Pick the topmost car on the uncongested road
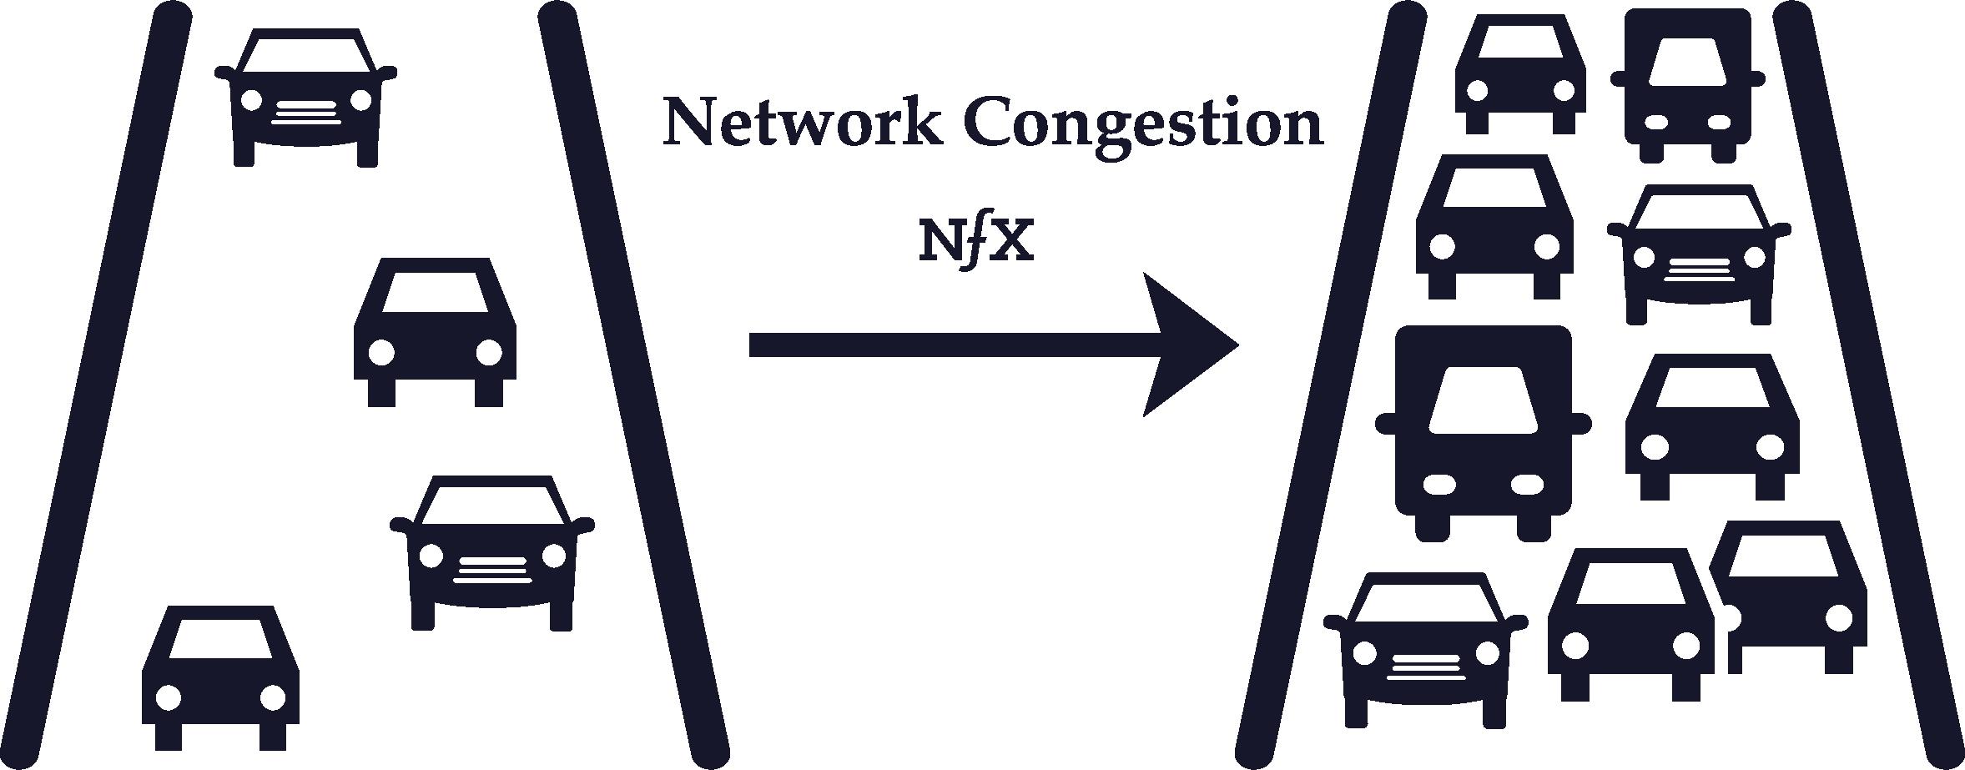pyautogui.click(x=305, y=98)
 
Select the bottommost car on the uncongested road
pyautogui.click(x=220, y=677)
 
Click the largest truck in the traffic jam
pyautogui.click(x=1483, y=433)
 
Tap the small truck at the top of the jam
pyautogui.click(x=1687, y=85)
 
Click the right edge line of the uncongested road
pyautogui.click(x=634, y=380)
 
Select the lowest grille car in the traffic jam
pyautogui.click(x=1426, y=648)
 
